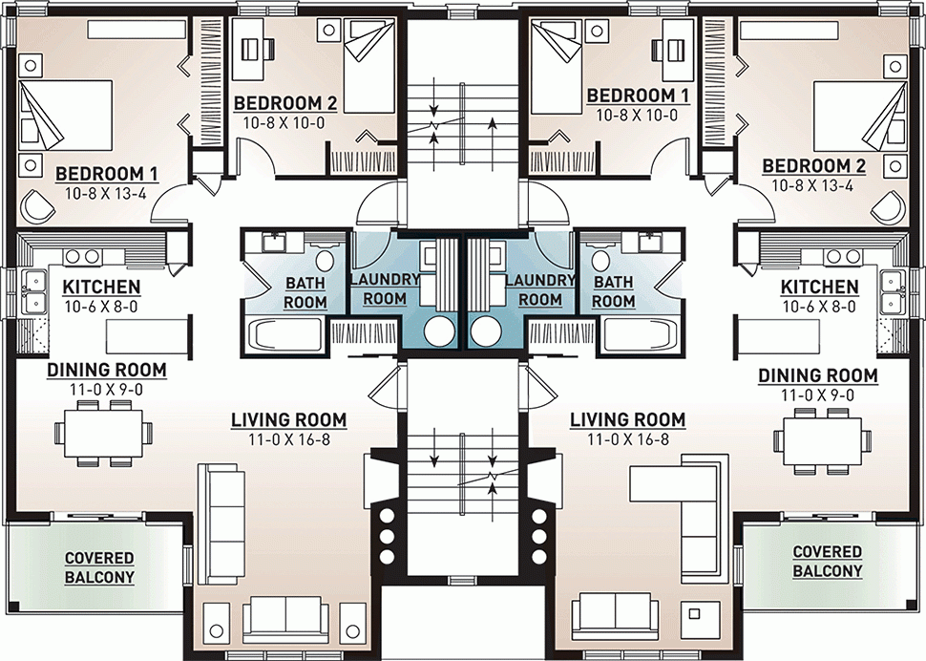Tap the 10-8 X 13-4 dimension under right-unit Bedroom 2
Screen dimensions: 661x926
tap(813, 184)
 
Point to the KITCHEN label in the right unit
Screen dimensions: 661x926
tap(818, 287)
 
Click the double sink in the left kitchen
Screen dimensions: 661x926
tap(35, 292)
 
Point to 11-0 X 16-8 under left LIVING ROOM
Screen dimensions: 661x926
tap(288, 437)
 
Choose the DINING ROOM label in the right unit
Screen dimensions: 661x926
tap(817, 375)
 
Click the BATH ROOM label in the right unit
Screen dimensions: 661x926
tap(614, 291)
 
